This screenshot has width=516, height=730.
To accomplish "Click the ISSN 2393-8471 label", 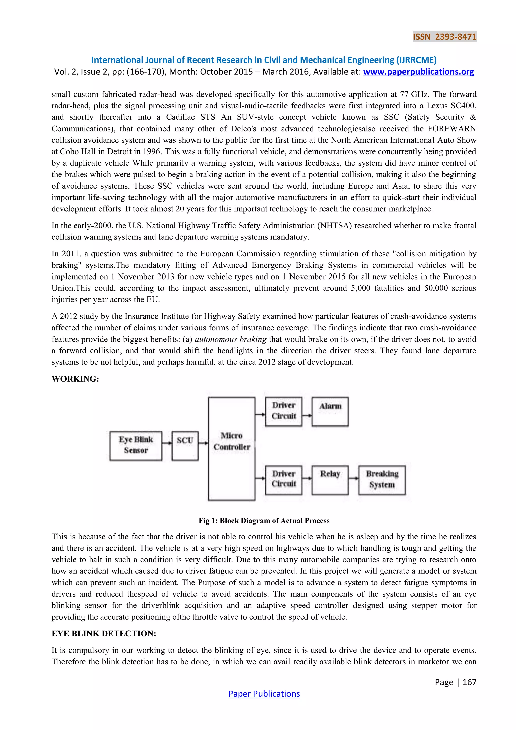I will click(444, 37).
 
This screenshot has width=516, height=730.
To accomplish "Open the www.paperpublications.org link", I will click(418, 72).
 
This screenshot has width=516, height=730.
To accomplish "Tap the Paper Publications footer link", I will click(264, 694).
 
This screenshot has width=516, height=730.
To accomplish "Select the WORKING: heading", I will click(75, 379).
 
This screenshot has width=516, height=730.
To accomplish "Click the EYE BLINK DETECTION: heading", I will click(104, 634).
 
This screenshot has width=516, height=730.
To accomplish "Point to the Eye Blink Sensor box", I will click(136, 446).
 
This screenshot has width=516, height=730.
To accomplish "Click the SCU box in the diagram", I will click(185, 446).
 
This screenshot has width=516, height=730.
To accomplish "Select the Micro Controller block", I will click(232, 448).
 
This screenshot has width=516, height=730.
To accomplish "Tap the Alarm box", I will click(330, 411).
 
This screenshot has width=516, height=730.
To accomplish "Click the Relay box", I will click(330, 480).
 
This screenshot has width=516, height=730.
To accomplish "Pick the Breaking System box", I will click(382, 480).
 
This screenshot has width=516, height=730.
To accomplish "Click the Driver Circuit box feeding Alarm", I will click(283, 411).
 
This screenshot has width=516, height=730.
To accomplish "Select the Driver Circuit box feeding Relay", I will click(283, 480).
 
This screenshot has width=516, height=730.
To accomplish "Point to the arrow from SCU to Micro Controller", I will click(203, 443).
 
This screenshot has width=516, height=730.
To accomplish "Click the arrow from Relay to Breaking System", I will click(354, 478).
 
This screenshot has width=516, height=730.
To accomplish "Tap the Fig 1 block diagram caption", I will click(264, 521).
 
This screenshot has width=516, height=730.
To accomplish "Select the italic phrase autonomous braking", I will click(230, 339).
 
